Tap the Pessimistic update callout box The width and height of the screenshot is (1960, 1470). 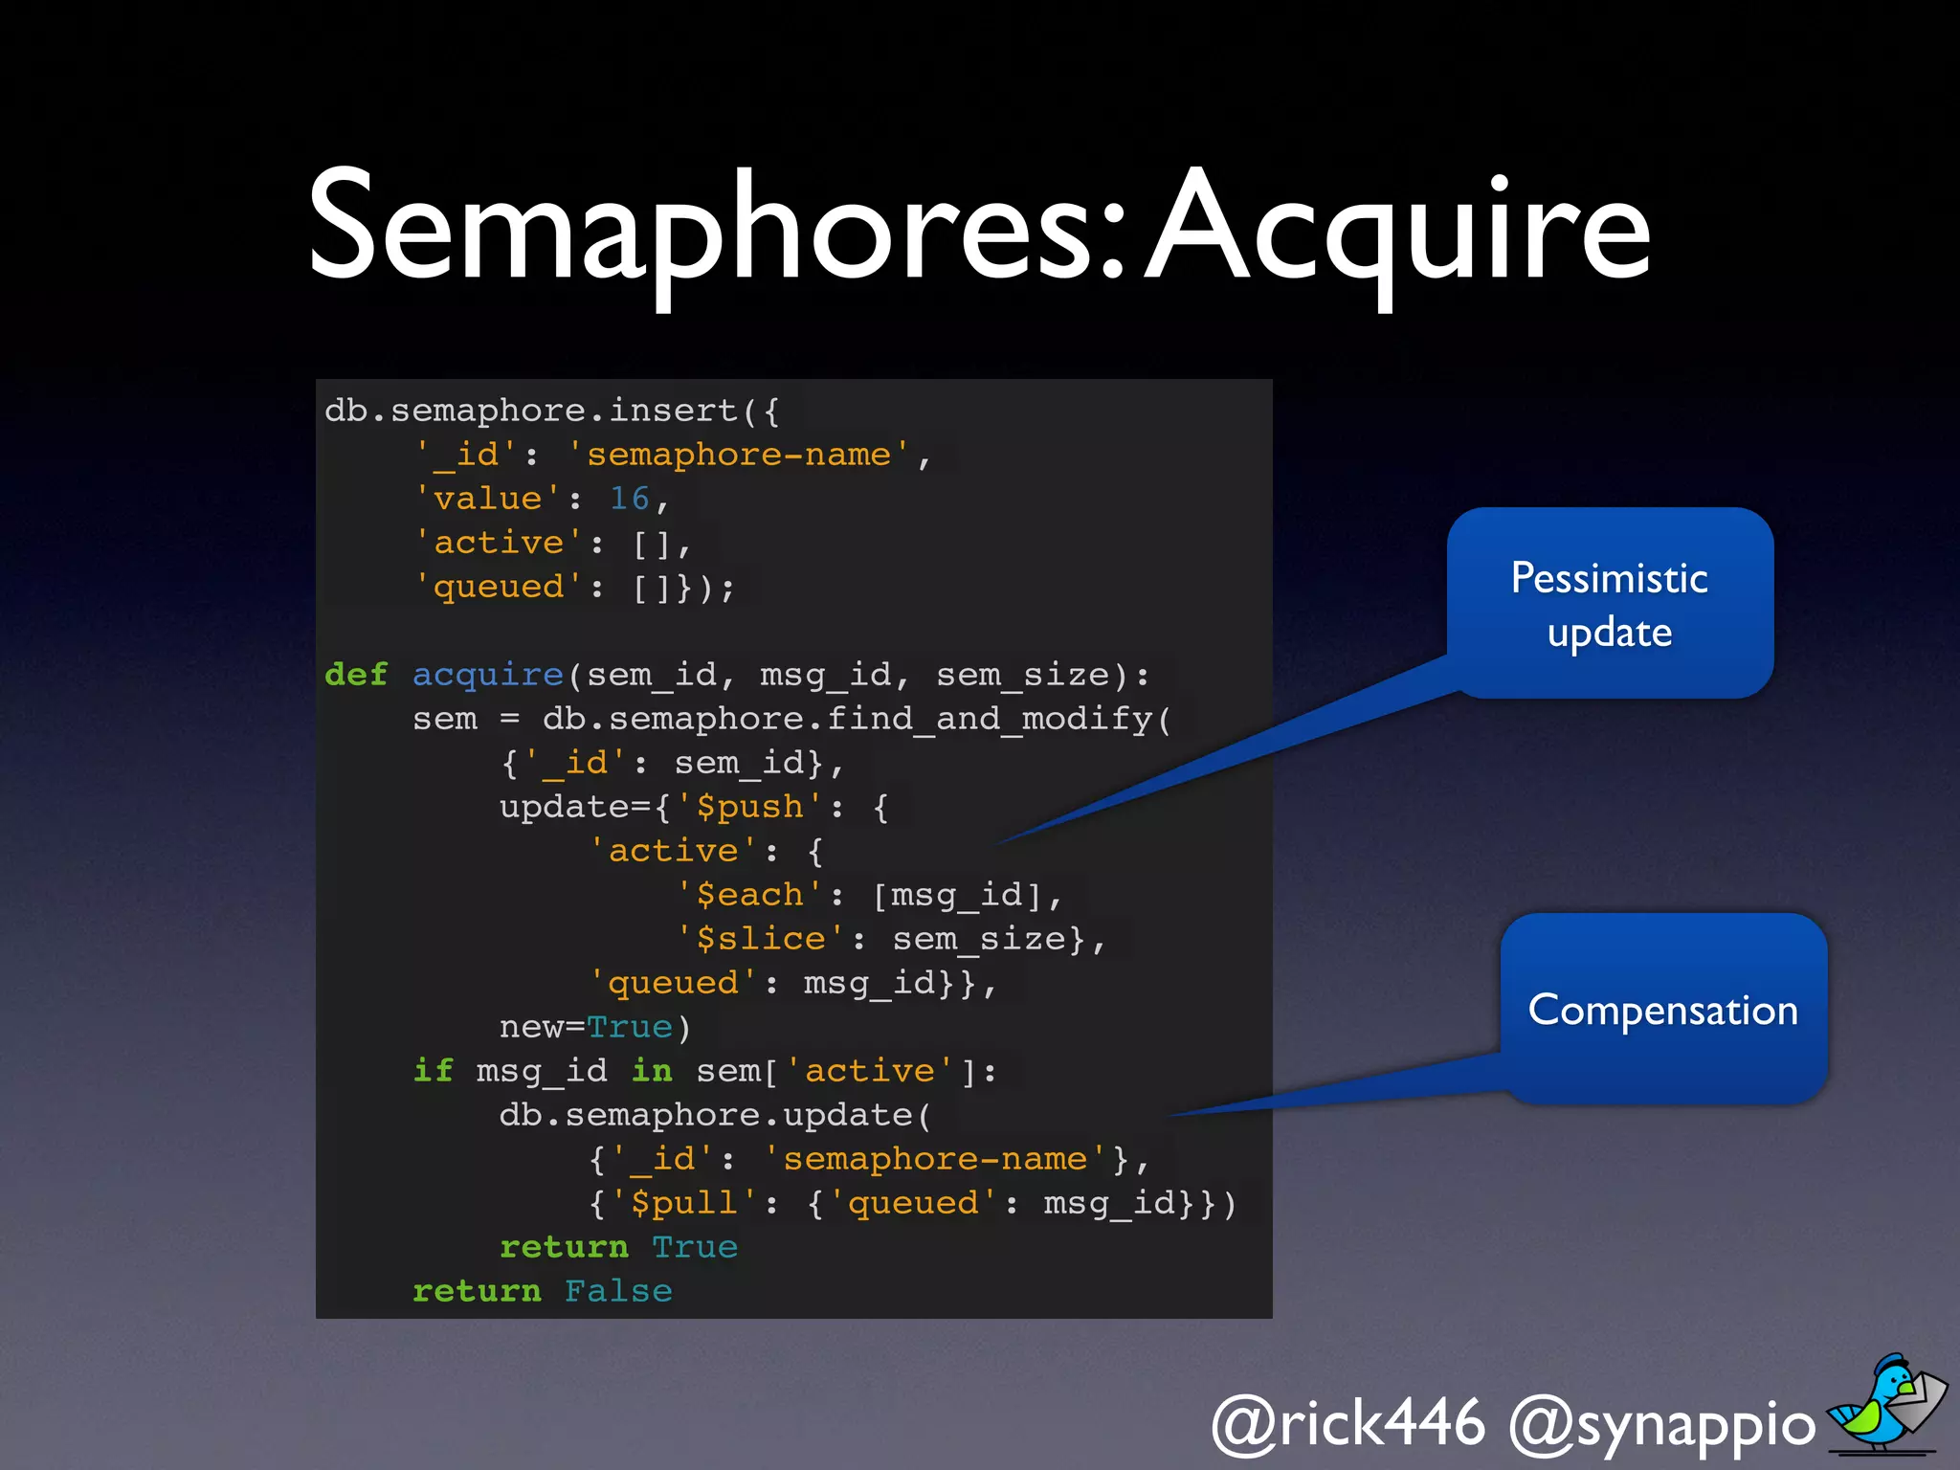pos(1610,603)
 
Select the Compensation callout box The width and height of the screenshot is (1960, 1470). pos(1663,1009)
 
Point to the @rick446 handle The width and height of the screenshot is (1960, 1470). pos(1347,1423)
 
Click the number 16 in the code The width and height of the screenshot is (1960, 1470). pos(629,499)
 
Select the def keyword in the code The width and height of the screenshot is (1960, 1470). pos(356,675)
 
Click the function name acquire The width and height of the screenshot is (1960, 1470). pos(487,676)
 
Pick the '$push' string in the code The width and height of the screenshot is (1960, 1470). pos(749,807)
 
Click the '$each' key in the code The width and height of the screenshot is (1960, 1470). pos(749,895)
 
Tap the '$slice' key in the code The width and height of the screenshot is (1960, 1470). pos(760,939)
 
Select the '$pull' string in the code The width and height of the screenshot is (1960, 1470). pos(683,1203)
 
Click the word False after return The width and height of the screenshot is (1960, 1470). pos(618,1291)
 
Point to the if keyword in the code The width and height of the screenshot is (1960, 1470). pos(433,1071)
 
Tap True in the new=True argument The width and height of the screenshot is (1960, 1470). pos(629,1027)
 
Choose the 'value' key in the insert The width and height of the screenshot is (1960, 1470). pos(488,499)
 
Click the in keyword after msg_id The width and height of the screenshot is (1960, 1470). pos(652,1071)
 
